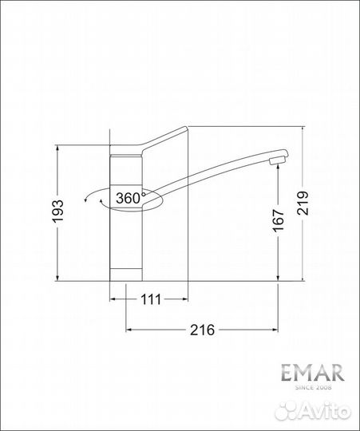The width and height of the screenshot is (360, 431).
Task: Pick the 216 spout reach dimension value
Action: click(x=202, y=330)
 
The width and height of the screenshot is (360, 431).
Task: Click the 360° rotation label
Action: click(x=129, y=197)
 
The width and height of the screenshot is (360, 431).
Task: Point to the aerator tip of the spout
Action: click(x=277, y=163)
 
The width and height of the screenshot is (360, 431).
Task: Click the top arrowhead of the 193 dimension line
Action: click(x=57, y=149)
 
